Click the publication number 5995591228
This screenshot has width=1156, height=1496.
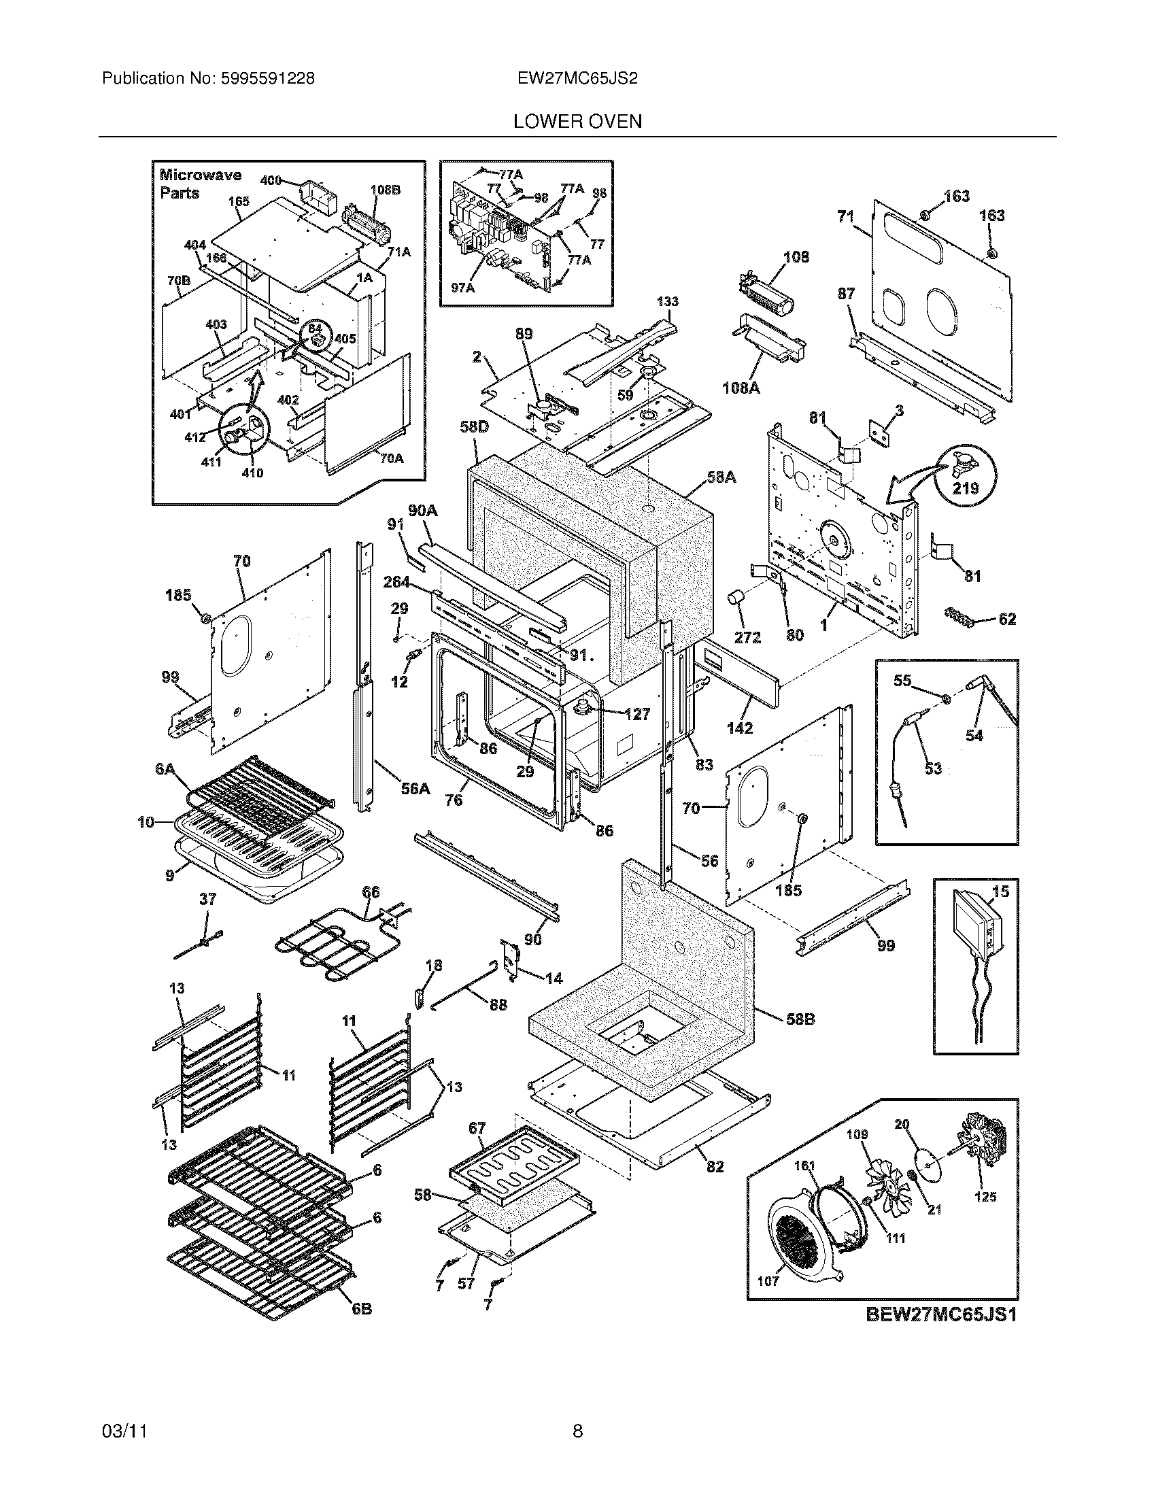[268, 79]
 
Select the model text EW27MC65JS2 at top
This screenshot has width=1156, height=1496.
[577, 79]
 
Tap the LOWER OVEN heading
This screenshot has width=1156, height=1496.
[577, 122]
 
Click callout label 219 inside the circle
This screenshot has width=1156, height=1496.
[966, 489]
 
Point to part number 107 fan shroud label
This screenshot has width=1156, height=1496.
[768, 1281]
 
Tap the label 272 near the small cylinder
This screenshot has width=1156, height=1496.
[747, 637]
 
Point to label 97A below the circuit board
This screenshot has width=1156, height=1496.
[463, 288]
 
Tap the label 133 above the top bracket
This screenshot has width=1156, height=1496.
[667, 301]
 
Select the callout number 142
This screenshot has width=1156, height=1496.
[740, 728]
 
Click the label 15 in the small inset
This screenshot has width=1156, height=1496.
[1000, 891]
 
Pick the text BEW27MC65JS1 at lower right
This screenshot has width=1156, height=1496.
[941, 1315]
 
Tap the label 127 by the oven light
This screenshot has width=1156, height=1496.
[637, 715]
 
